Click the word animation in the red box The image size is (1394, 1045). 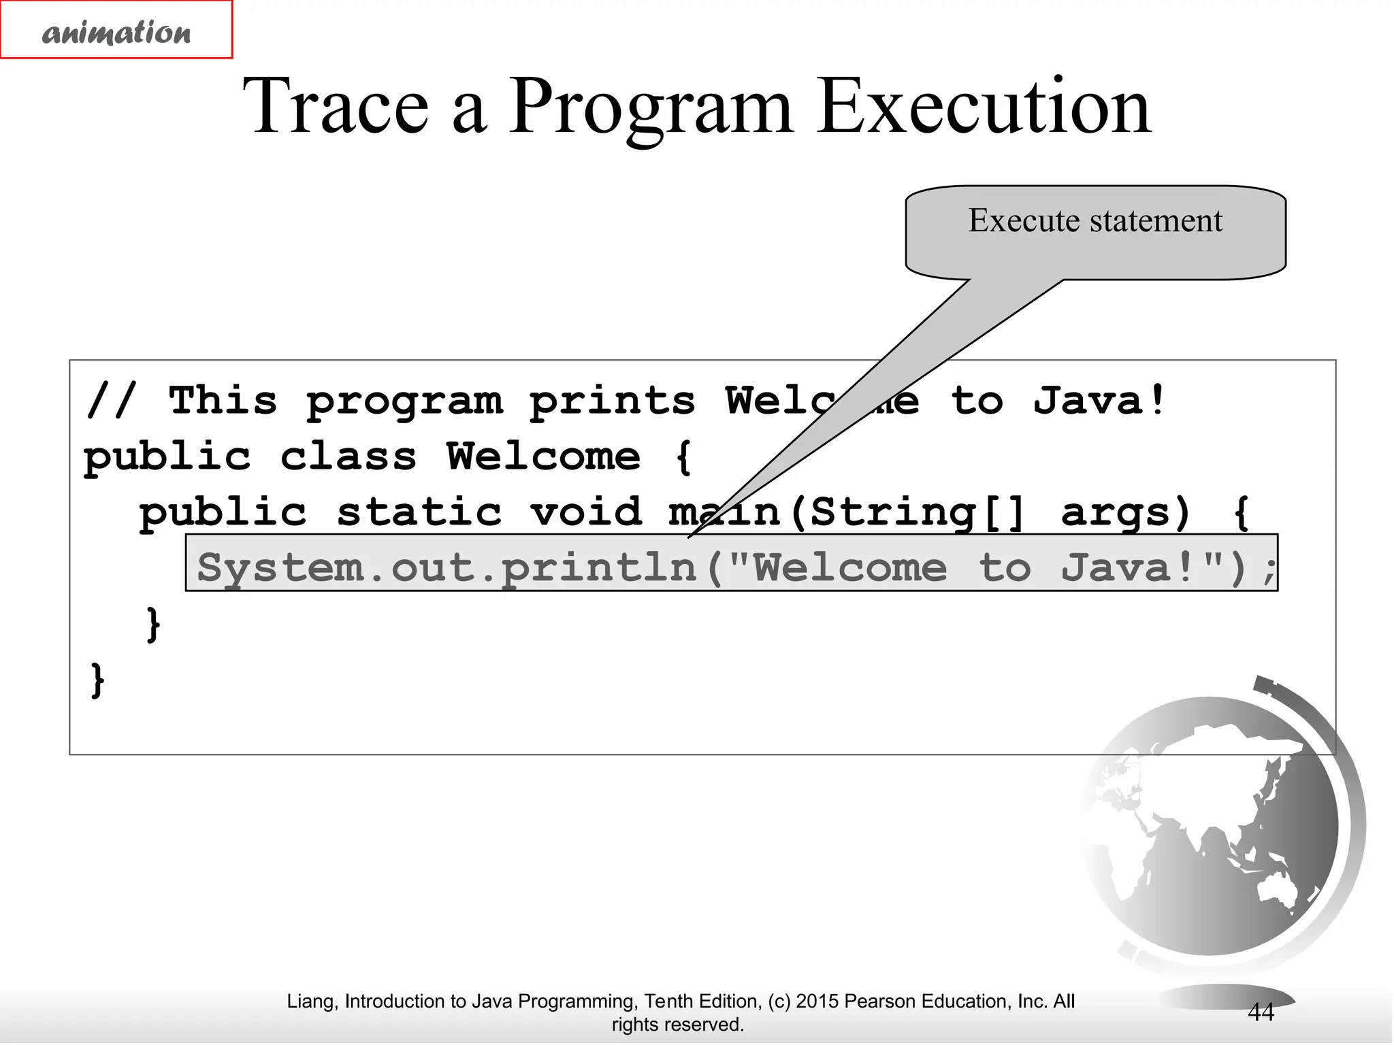click(x=116, y=32)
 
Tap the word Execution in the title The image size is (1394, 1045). click(x=984, y=107)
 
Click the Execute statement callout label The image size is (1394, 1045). click(x=1095, y=221)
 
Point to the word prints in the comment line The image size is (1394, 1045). click(x=612, y=401)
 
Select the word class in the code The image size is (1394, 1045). click(x=348, y=457)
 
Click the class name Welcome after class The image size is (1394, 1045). click(x=543, y=457)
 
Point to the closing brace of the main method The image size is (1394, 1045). click(x=154, y=623)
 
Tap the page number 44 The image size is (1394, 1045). click(x=1261, y=1012)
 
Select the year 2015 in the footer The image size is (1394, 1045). click(x=817, y=1001)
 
